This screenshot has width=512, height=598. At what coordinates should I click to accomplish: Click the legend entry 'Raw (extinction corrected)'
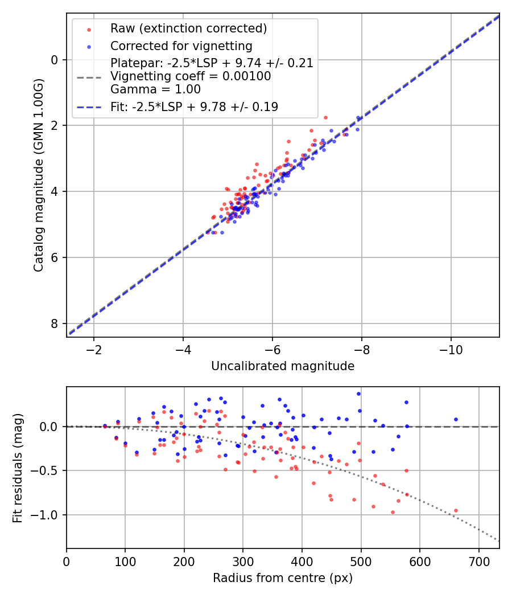coord(188,28)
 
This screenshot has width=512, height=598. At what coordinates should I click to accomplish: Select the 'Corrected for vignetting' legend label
coord(181,46)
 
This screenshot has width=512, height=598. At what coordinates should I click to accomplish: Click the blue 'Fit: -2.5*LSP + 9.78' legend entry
coord(194,107)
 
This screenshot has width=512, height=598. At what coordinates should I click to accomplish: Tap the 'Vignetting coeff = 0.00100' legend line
coord(191,76)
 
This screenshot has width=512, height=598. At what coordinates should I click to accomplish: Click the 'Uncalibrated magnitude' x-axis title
coord(283,366)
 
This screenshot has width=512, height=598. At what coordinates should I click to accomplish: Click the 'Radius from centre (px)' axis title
coord(283,578)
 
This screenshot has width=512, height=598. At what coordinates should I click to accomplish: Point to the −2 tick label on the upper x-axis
coord(94,348)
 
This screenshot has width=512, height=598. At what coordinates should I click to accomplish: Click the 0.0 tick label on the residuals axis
coord(51,427)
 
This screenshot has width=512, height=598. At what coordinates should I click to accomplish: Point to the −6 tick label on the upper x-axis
coord(272,348)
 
